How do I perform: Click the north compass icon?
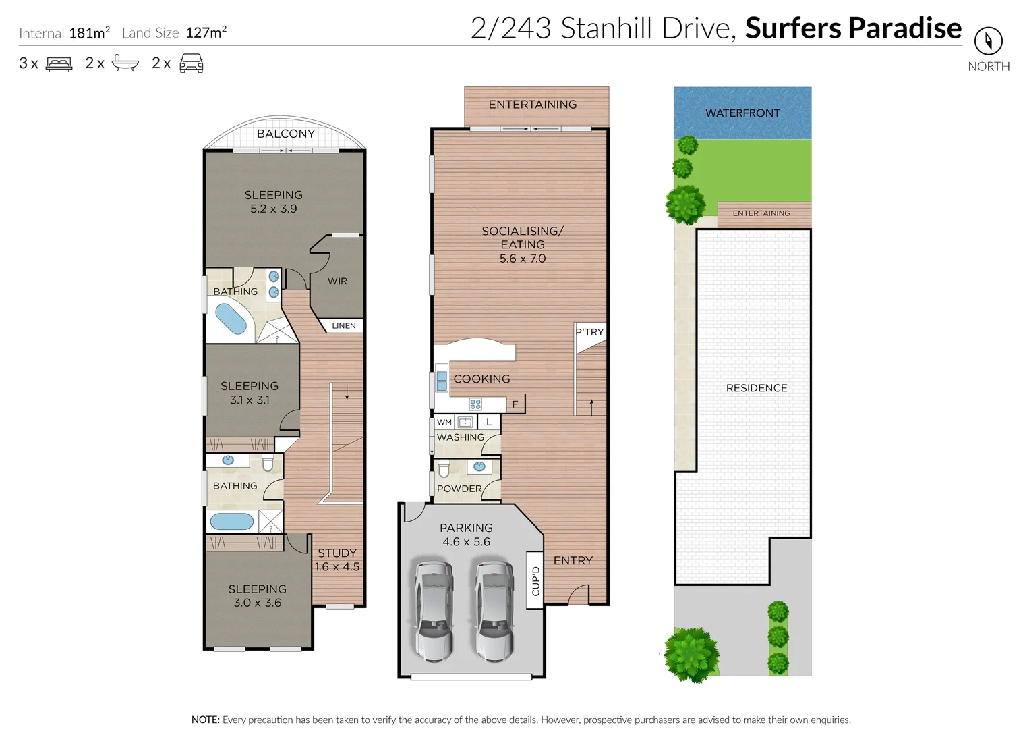click(988, 41)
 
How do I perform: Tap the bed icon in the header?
click(59, 64)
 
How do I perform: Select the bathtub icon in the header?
click(125, 63)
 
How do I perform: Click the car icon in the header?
click(192, 63)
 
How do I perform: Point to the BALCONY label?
click(286, 134)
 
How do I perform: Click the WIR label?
click(337, 281)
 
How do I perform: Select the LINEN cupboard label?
click(343, 326)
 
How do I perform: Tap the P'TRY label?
click(589, 332)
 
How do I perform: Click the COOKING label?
click(481, 379)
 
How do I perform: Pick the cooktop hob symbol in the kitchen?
click(475, 404)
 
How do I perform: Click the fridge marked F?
click(515, 404)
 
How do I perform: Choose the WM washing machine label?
click(444, 423)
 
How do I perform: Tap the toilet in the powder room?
click(444, 468)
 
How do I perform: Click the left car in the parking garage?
click(432, 611)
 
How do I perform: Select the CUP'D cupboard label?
click(535, 580)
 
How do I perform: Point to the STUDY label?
click(337, 553)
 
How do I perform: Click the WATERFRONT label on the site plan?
click(742, 113)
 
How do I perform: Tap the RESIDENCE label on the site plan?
click(757, 388)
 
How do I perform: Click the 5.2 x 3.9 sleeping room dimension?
click(274, 209)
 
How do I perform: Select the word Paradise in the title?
click(904, 28)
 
